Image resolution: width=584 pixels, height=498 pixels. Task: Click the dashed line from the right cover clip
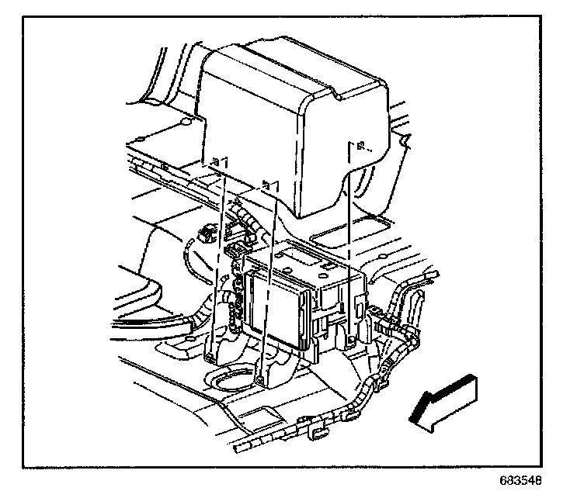[x=352, y=233]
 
